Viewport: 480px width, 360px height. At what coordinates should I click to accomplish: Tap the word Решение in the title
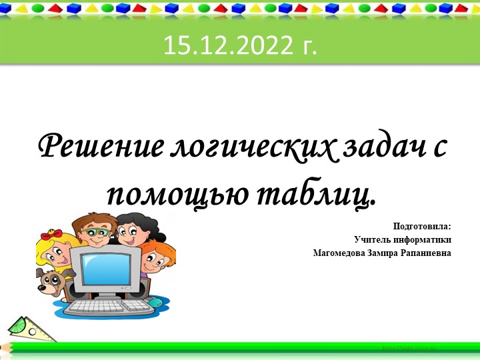click(x=97, y=146)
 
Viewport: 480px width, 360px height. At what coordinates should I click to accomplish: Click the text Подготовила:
click(x=422, y=226)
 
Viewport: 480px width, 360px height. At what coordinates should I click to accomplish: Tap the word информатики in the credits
click(x=425, y=239)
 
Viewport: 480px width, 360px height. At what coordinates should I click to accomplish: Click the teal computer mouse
click(x=155, y=303)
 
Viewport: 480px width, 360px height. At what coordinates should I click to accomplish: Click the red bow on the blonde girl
click(x=51, y=235)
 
